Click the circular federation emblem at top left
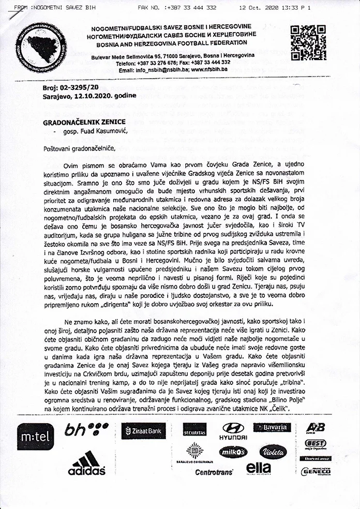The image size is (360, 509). click(x=41, y=48)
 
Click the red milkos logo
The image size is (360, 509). click(x=233, y=452)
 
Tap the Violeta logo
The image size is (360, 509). click(x=273, y=451)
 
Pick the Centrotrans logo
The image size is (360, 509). click(x=214, y=472)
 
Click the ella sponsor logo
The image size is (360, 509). click(x=258, y=468)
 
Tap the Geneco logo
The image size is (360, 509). click(x=316, y=471)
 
